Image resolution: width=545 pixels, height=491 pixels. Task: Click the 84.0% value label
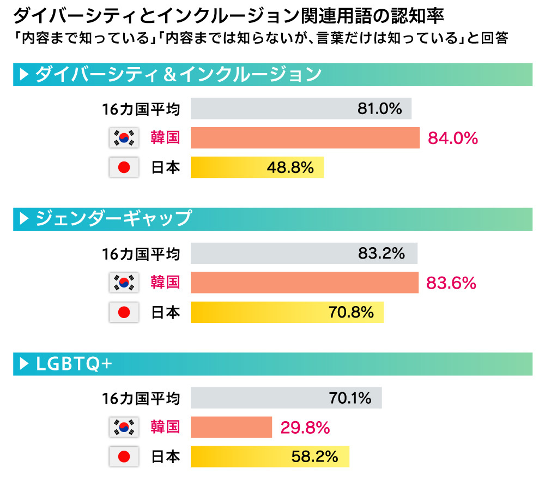[x=452, y=138]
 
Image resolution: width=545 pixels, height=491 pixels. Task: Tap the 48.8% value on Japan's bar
[x=290, y=167]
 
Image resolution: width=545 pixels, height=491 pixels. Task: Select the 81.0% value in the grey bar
[x=379, y=109]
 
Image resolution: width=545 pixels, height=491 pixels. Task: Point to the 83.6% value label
[x=451, y=283]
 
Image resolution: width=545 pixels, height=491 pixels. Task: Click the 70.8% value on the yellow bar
[x=351, y=313]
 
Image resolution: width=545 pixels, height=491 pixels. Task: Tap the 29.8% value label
[x=305, y=428]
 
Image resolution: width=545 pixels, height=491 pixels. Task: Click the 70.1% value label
[x=350, y=398]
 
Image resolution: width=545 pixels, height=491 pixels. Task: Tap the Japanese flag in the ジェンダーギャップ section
[x=124, y=313]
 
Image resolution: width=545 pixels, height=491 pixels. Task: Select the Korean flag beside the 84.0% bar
[x=124, y=138]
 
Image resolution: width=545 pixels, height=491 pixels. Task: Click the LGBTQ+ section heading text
[x=74, y=364]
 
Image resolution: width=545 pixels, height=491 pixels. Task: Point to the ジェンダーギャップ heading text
[x=113, y=218]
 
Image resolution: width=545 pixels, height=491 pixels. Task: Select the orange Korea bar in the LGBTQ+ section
[x=231, y=427]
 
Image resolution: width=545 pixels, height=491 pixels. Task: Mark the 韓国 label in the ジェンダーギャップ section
[x=165, y=283]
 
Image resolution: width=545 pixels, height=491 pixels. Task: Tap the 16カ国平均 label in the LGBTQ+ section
[x=141, y=398]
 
